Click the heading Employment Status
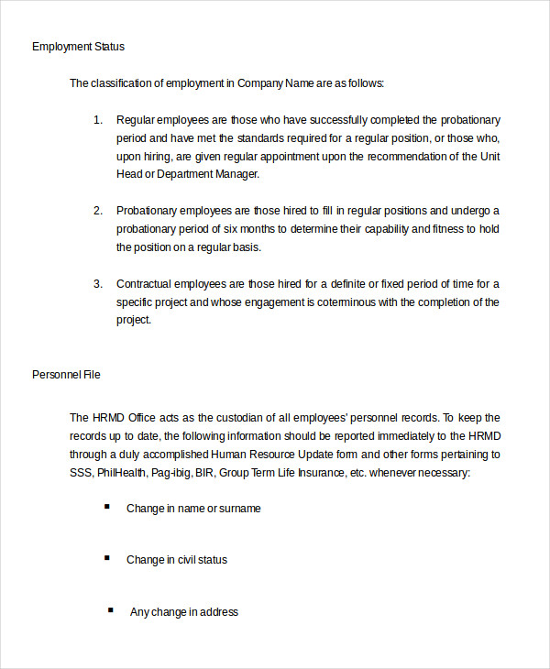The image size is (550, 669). tap(78, 46)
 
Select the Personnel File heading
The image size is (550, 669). tap(66, 374)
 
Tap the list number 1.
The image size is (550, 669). tap(98, 120)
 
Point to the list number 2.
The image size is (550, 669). tap(98, 211)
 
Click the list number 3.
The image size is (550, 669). tap(98, 284)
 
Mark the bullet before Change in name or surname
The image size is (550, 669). tap(107, 507)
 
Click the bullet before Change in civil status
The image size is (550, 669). tap(107, 558)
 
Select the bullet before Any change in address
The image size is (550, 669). tap(111, 610)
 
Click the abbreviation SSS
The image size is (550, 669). tap(81, 472)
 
